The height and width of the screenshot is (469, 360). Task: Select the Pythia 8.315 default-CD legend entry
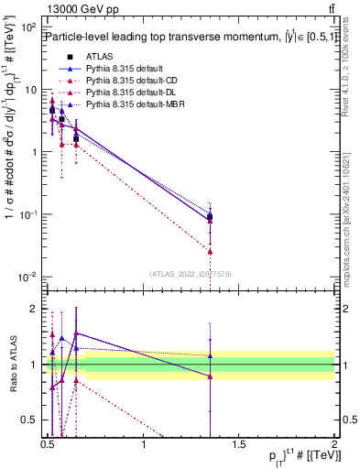pyautogui.click(x=125, y=81)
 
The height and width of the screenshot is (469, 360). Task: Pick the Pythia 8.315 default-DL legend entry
pyautogui.click(x=125, y=93)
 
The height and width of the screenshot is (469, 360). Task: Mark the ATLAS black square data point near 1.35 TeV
pyautogui.click(x=210, y=217)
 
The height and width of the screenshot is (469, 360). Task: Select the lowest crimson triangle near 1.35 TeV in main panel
pyautogui.click(x=210, y=251)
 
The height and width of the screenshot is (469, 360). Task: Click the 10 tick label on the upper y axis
pyautogui.click(x=30, y=90)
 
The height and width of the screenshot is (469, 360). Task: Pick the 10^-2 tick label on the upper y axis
pyautogui.click(x=28, y=277)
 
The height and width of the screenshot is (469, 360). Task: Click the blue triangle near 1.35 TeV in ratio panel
pyautogui.click(x=210, y=356)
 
